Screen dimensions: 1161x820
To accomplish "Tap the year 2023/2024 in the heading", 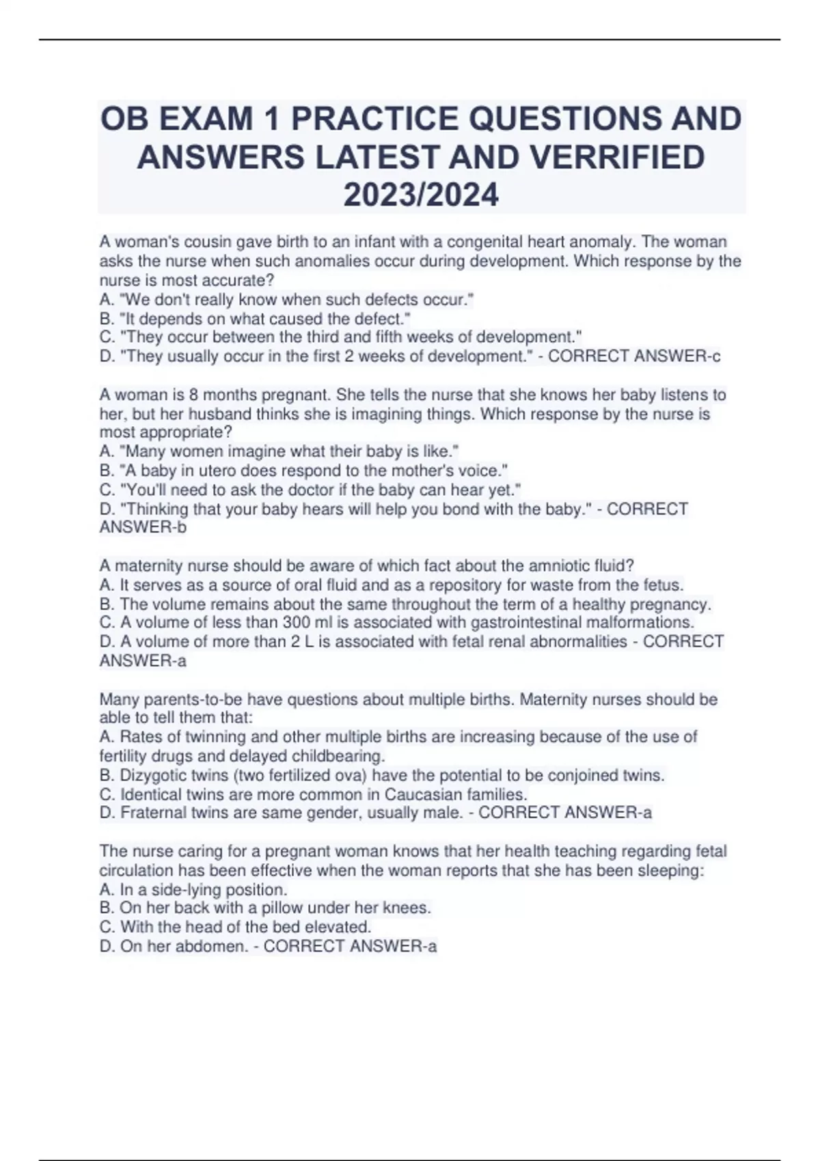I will (421, 195).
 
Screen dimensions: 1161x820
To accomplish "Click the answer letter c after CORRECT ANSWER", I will (715, 356).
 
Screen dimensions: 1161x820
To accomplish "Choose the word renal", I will (532, 641).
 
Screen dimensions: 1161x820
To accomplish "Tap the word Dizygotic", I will (152, 775).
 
